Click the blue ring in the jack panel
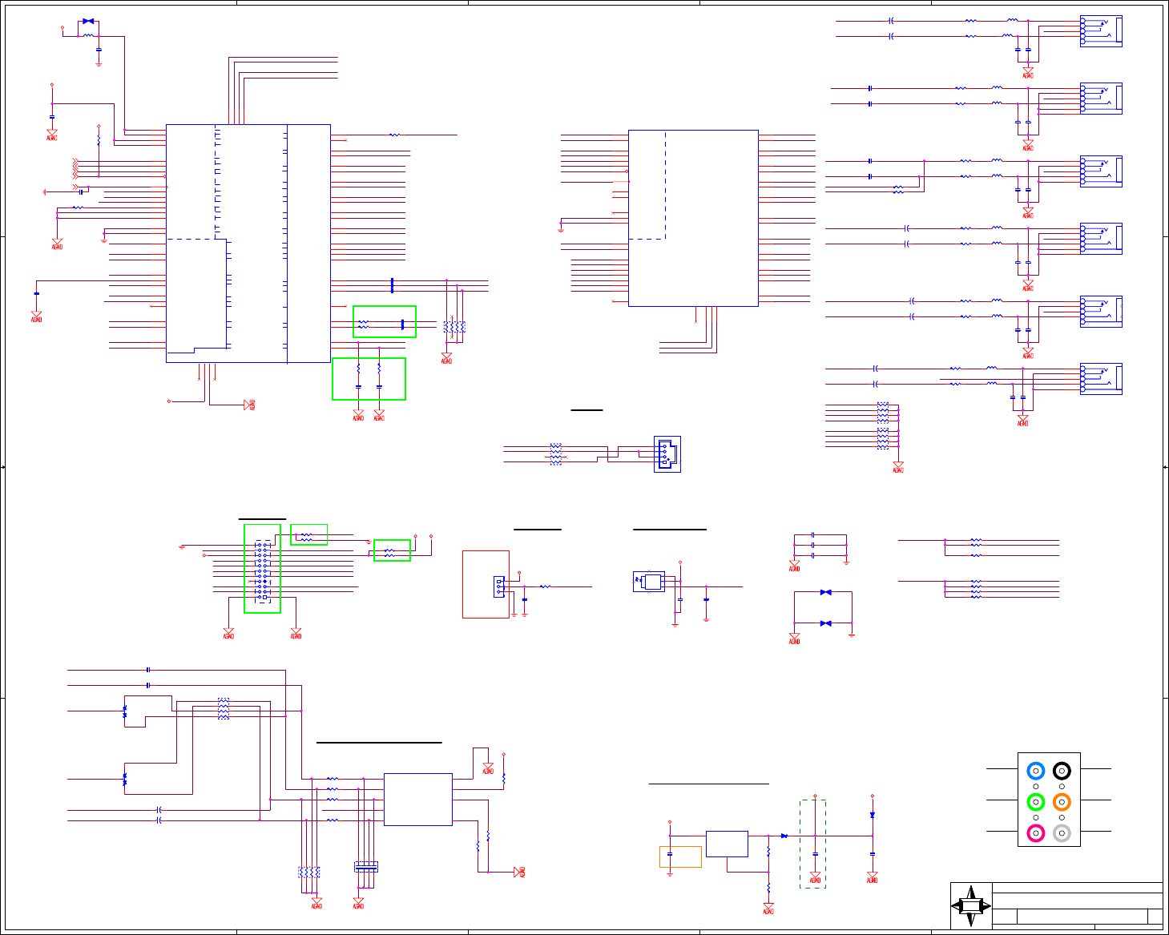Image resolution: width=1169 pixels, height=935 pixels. coord(1035,771)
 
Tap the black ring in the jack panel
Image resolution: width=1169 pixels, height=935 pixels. coord(1062,771)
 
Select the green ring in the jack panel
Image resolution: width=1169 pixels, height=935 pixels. coord(1035,801)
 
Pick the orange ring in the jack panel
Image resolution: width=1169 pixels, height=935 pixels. coord(1062,801)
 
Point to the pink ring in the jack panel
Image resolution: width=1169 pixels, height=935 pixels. coord(1035,833)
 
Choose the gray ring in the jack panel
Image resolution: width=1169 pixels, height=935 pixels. coord(1062,833)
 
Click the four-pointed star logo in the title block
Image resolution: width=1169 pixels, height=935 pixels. coord(971,906)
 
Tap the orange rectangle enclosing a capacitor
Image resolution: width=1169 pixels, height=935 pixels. coord(680,856)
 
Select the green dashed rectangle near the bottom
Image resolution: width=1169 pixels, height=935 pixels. coord(812,844)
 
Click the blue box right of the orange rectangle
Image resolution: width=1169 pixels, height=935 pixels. coord(727,844)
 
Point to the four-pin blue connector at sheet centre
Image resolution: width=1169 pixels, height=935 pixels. coord(667,454)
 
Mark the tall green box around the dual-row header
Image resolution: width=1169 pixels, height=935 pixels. coord(262,568)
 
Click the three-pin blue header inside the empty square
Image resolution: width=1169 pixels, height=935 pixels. coord(499,586)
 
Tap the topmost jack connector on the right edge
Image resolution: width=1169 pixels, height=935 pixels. coord(1101,31)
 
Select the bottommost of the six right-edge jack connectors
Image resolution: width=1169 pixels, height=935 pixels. coord(1101,379)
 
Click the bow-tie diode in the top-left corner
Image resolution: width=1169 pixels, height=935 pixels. coord(88,21)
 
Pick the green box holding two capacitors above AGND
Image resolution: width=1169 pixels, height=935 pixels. coord(369,378)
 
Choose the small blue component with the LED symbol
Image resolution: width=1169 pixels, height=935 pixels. coord(649,582)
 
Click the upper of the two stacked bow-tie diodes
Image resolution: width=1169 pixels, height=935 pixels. coord(825,592)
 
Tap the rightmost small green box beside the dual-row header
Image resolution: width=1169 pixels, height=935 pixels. coord(392,550)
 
